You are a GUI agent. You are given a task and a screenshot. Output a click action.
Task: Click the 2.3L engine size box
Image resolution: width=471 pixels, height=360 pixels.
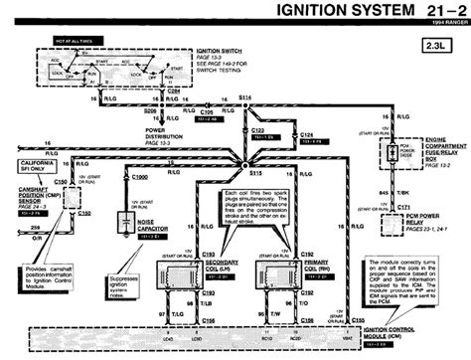pos(440,44)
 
